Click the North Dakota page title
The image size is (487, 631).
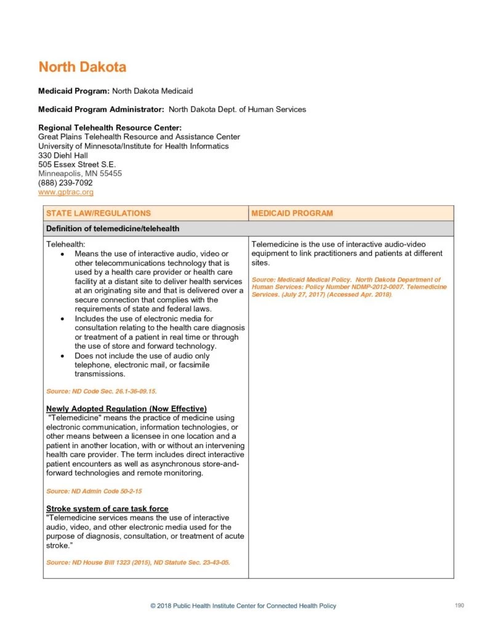(x=82, y=67)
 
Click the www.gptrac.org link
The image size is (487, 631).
(x=66, y=192)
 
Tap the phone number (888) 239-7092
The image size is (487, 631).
(x=65, y=183)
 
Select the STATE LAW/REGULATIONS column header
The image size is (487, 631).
(x=98, y=213)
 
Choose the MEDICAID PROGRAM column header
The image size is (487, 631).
(x=292, y=213)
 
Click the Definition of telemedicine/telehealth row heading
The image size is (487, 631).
(x=113, y=229)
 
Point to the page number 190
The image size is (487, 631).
(x=459, y=606)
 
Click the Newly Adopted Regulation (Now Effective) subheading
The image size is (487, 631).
(x=126, y=409)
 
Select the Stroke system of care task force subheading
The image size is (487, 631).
(x=107, y=509)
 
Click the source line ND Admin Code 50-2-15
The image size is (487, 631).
(x=94, y=491)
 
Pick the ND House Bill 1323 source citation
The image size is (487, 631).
(x=138, y=563)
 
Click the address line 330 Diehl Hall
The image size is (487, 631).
(x=63, y=155)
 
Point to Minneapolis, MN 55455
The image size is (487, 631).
(x=80, y=174)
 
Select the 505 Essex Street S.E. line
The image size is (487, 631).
(x=77, y=165)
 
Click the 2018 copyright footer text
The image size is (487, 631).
(x=243, y=606)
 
